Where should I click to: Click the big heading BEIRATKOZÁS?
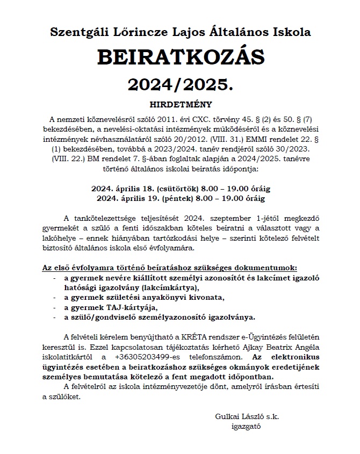180,57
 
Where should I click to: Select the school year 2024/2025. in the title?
180,83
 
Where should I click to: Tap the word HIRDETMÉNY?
180,104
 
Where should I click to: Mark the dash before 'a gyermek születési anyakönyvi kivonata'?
55,297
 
